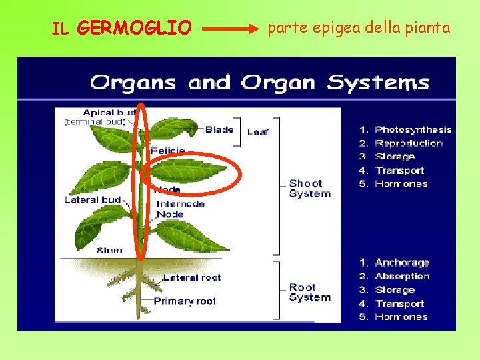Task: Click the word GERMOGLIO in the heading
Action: [x=134, y=28]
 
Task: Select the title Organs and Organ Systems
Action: [x=260, y=83]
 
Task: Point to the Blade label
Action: [x=219, y=129]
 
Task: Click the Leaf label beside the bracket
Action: [x=259, y=132]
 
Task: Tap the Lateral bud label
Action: [x=92, y=199]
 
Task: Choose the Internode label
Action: [x=181, y=204]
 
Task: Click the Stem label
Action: [x=109, y=250]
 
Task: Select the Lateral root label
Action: [x=191, y=277]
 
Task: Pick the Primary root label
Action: [x=185, y=301]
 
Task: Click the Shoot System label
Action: [x=309, y=189]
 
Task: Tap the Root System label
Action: [x=309, y=293]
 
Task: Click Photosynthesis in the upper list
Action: [x=413, y=129]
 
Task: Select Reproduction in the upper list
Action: [x=408, y=143]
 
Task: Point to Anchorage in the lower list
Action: [x=402, y=263]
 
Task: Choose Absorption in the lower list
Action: [x=402, y=276]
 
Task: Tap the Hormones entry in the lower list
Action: [x=401, y=317]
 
